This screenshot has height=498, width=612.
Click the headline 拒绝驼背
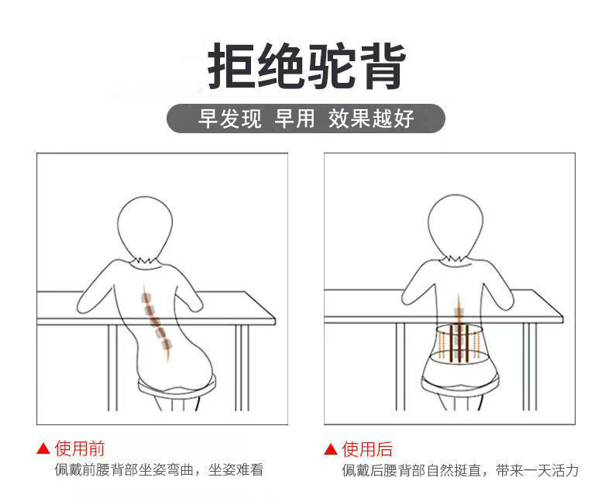tap(307, 67)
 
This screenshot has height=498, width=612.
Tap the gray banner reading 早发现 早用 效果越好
tap(306, 118)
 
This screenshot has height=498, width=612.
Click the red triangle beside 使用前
tap(43, 448)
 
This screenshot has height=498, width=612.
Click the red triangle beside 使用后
tap(331, 449)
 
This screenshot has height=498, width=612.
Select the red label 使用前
tap(80, 448)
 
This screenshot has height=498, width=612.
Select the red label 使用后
tap(367, 449)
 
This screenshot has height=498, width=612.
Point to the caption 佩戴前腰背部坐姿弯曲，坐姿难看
tap(159, 470)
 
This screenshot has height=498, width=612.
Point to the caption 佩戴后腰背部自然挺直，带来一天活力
tap(460, 470)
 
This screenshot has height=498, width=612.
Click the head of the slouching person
tap(145, 228)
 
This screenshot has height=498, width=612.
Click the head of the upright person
tap(456, 226)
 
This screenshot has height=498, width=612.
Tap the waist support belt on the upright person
tap(456, 342)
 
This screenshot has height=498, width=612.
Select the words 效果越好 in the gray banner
tap(371, 118)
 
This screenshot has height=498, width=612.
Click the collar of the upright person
tap(456, 260)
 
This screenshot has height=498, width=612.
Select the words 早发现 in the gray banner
tap(229, 118)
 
